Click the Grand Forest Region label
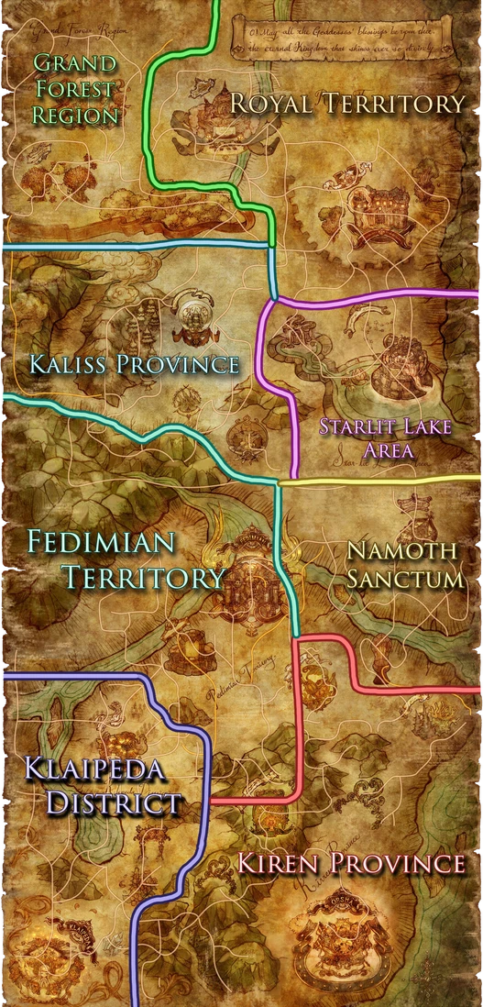tap(75, 90)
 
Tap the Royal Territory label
tap(347, 104)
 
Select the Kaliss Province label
tap(134, 364)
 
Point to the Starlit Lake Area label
tap(367, 437)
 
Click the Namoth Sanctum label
tap(401, 565)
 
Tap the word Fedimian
tap(101, 542)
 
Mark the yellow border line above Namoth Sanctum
tap(380, 480)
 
